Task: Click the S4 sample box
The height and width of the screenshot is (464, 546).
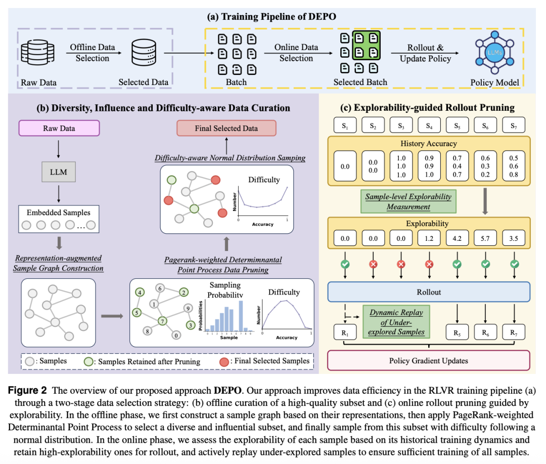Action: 428,124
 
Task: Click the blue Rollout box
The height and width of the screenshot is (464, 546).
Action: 428,292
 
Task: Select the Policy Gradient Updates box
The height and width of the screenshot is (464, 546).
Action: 428,361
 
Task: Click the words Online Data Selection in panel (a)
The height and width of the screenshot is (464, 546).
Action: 296,53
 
